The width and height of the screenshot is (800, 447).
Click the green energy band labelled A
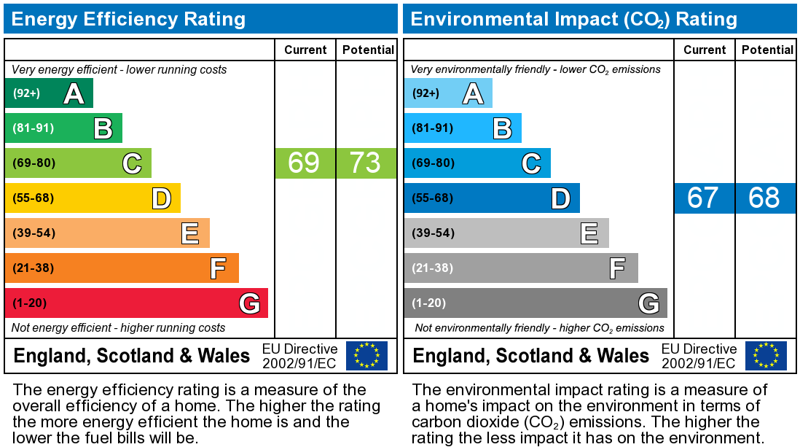tap(49, 93)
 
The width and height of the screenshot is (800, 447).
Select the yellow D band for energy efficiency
tap(93, 198)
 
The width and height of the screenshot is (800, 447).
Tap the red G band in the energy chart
tap(136, 303)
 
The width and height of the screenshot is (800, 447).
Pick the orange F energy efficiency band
tap(122, 268)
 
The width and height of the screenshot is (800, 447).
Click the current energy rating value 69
tap(305, 163)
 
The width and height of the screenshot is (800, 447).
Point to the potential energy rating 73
tap(366, 163)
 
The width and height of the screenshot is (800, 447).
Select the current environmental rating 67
tap(704, 198)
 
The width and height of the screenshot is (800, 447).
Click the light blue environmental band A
tap(448, 93)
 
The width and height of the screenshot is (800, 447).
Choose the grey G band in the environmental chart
tap(536, 303)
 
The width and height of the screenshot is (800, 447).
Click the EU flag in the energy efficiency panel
tap(366, 355)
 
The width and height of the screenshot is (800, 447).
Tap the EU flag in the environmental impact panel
tap(766, 355)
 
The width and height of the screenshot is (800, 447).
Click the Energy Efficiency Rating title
tap(129, 19)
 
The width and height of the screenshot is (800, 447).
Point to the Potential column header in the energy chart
tap(368, 50)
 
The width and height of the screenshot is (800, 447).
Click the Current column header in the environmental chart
tap(705, 50)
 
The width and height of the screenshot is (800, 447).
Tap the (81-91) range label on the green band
tap(34, 128)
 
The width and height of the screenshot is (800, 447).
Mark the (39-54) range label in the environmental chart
tap(433, 233)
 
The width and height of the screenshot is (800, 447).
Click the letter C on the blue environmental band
tap(531, 163)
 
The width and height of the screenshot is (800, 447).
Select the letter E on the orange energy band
tap(190, 233)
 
